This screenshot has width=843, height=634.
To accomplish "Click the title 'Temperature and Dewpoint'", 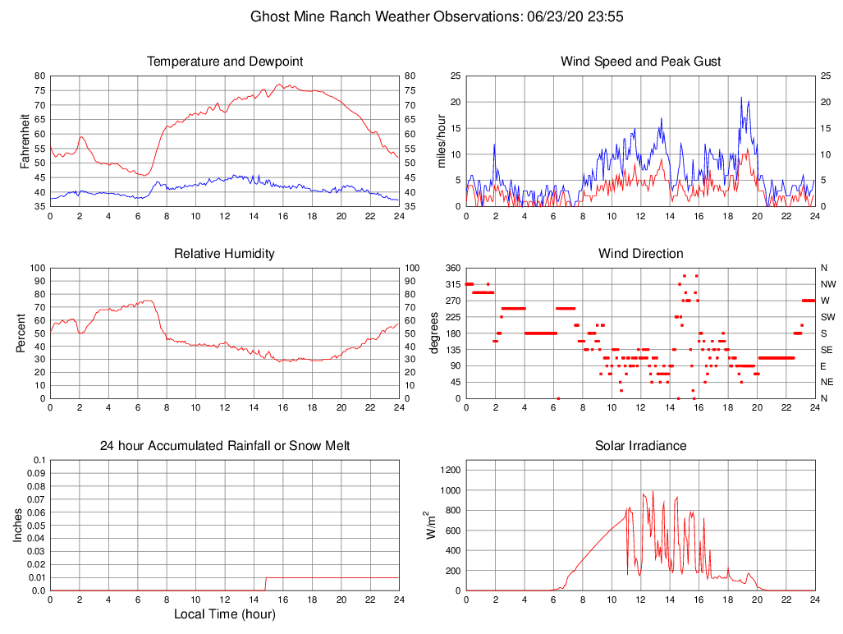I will point(224,62).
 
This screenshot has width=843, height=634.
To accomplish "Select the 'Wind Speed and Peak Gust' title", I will point(640,62).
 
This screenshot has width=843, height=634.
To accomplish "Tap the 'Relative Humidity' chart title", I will point(224,254).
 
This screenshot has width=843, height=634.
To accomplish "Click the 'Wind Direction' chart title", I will point(640,254).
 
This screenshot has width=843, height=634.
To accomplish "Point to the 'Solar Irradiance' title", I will point(640,446).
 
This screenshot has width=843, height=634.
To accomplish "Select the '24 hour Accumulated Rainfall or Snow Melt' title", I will point(224,446).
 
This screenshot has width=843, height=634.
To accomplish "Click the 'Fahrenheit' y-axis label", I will point(25,140).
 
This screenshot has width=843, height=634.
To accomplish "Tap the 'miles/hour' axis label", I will point(441,140).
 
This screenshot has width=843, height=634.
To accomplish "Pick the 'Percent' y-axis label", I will point(21,333).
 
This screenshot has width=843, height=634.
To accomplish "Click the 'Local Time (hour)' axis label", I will point(224,614).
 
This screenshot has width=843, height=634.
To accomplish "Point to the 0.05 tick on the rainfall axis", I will point(37,525).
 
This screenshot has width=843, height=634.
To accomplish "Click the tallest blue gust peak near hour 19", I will point(741,98).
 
